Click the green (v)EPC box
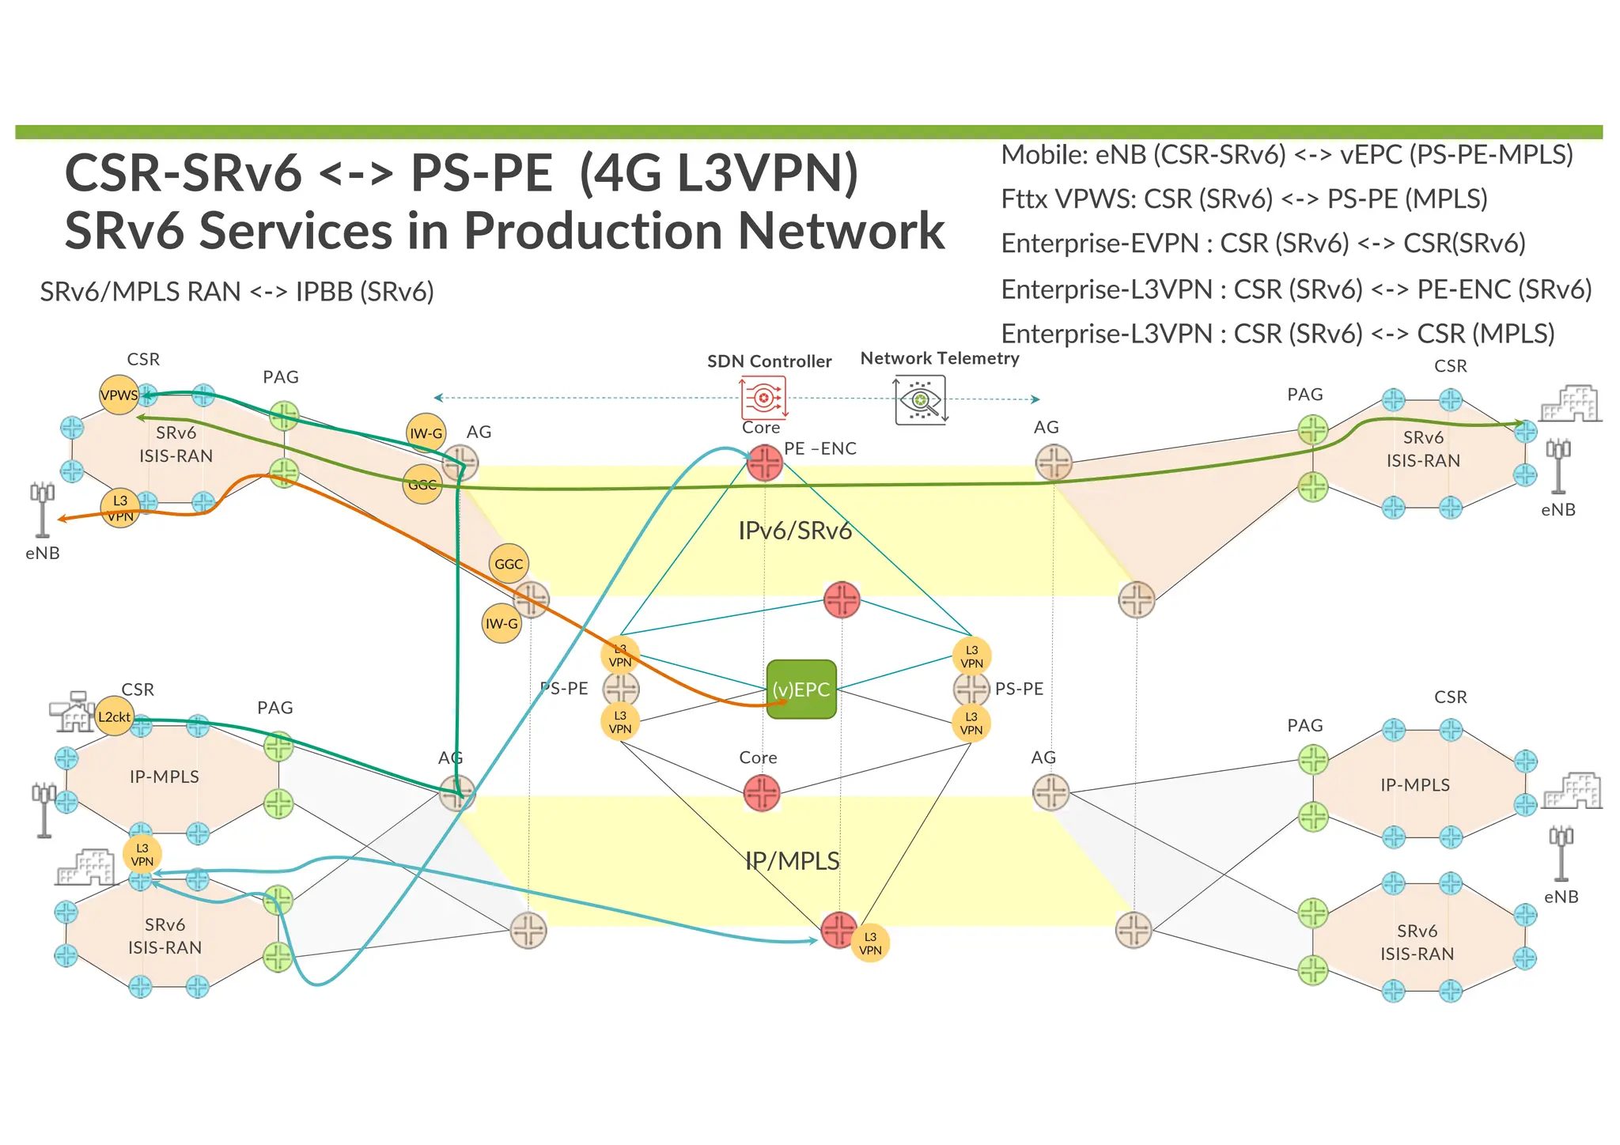click(801, 689)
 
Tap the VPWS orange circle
click(119, 395)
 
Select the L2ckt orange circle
click(115, 716)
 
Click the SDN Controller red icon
click(763, 398)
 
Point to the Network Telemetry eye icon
click(920, 400)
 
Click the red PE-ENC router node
click(765, 463)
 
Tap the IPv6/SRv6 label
click(795, 531)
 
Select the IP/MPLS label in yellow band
click(793, 860)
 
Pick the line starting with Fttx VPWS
click(1243, 198)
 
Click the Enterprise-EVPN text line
click(1262, 244)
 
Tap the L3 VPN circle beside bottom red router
click(870, 943)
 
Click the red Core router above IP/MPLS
click(762, 792)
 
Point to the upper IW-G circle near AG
click(426, 433)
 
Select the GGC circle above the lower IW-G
click(509, 564)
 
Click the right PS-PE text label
click(1019, 689)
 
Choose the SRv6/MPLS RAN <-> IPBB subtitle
click(237, 292)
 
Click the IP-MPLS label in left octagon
click(165, 777)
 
